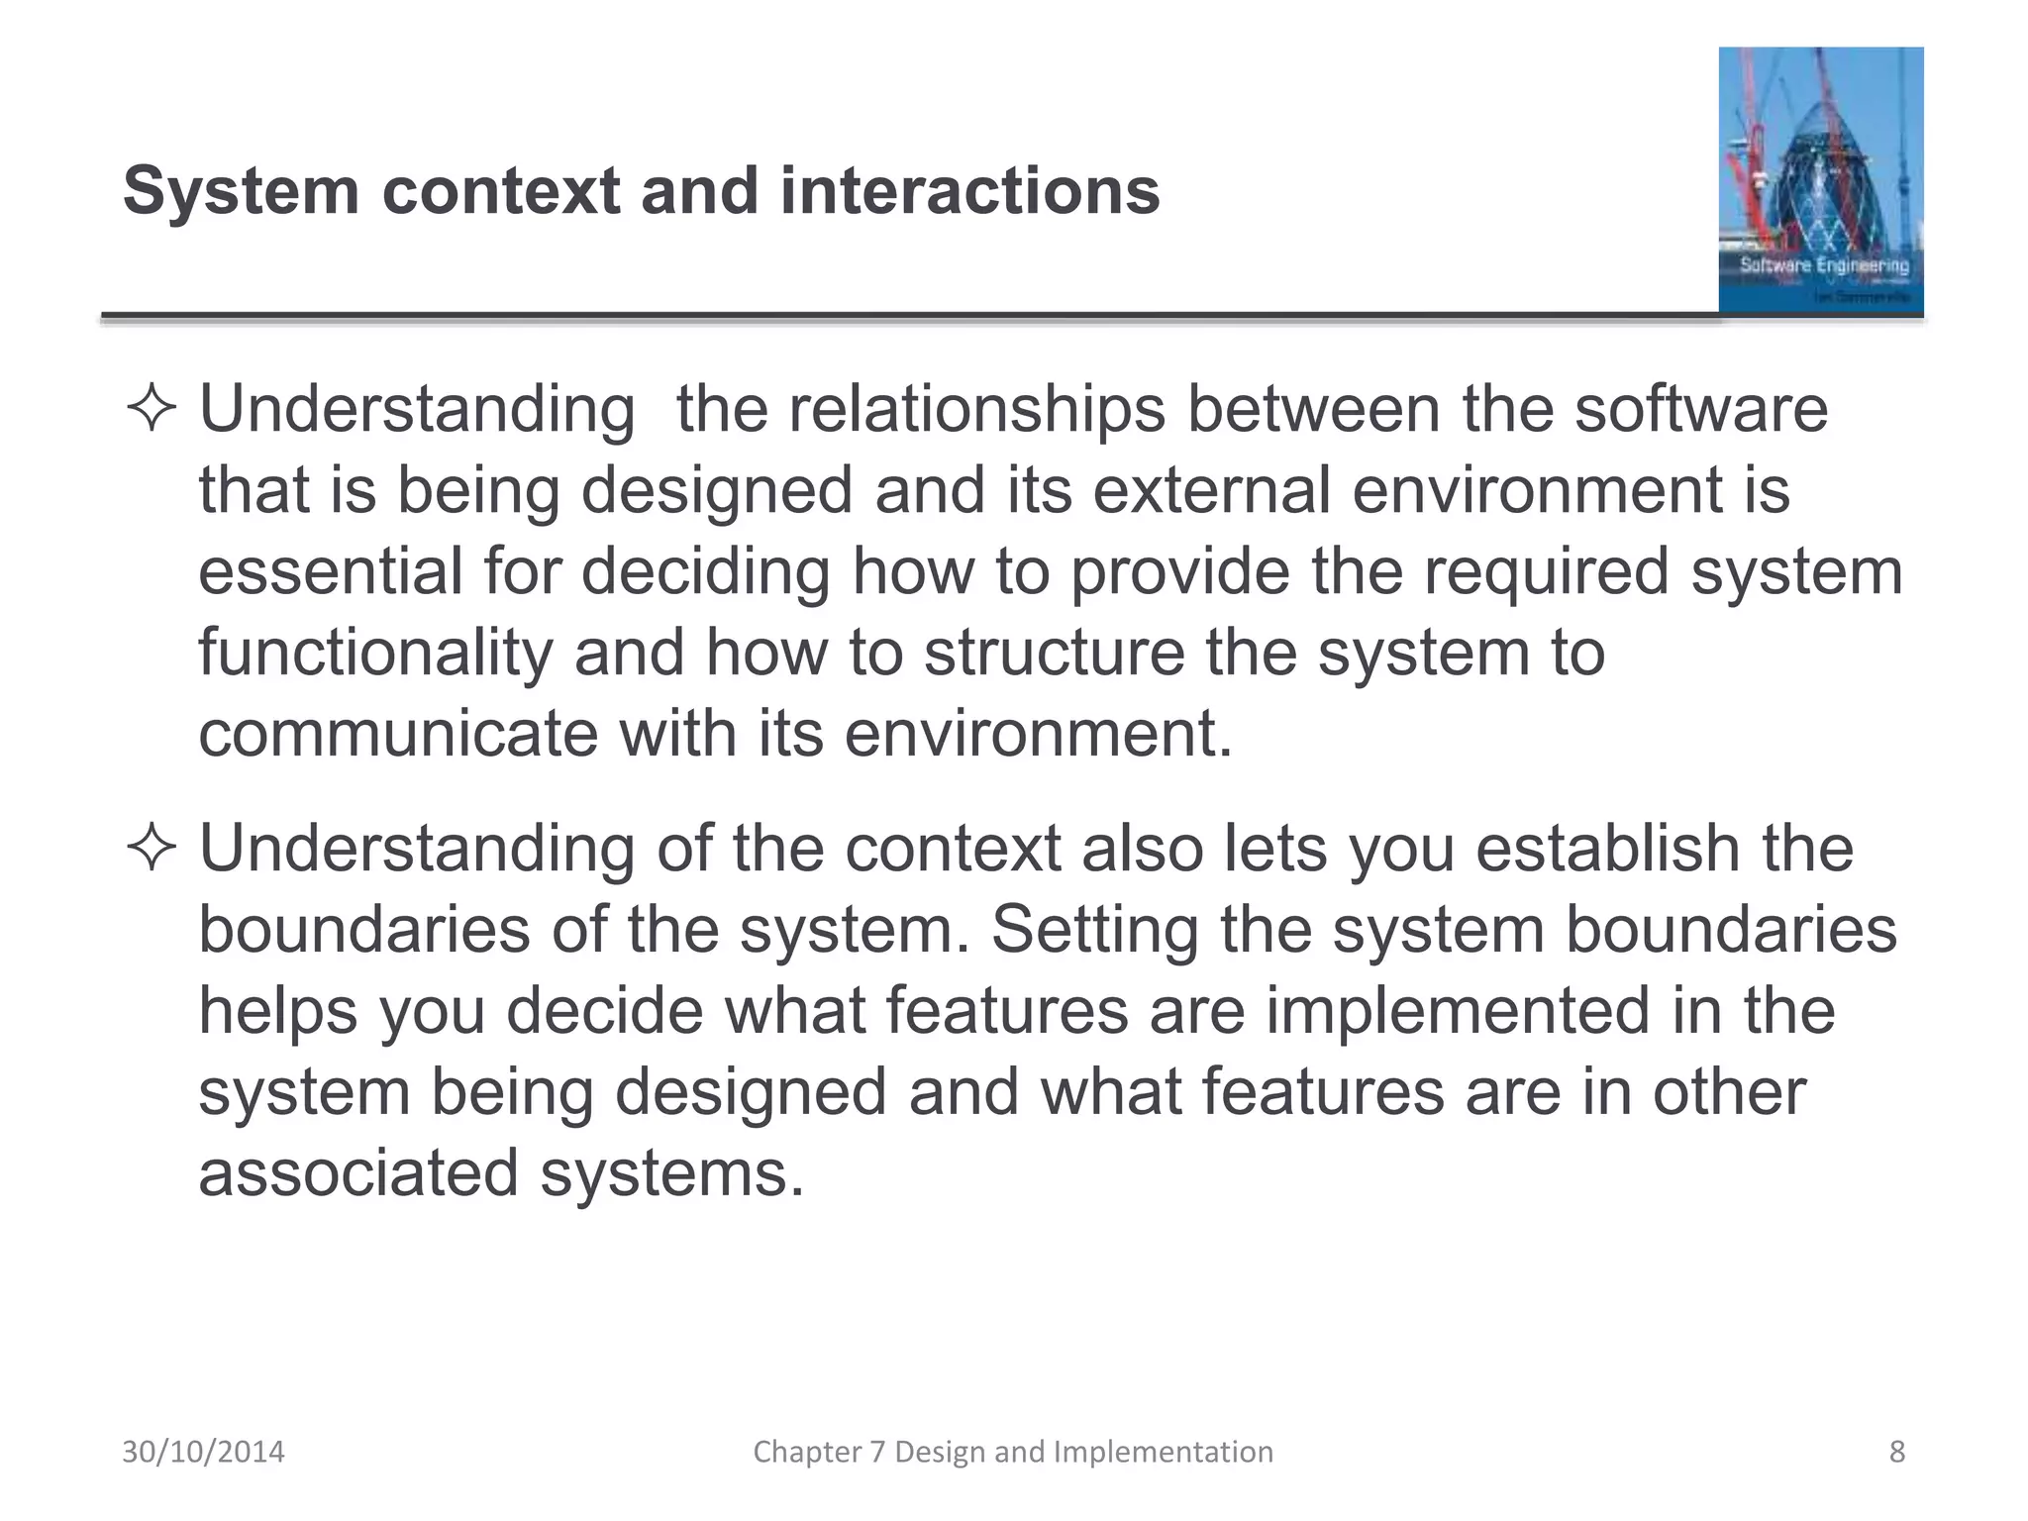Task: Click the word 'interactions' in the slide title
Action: [969, 190]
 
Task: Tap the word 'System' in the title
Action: [241, 190]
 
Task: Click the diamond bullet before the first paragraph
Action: [152, 409]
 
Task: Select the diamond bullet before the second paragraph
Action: [152, 849]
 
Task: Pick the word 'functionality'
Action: [375, 653]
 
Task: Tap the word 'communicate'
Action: [398, 734]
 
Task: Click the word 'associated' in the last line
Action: [358, 1173]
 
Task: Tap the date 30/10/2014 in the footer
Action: [203, 1452]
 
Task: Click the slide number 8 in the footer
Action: [1896, 1452]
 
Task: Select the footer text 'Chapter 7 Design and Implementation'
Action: [1013, 1452]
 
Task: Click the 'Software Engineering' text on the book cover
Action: [1824, 265]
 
